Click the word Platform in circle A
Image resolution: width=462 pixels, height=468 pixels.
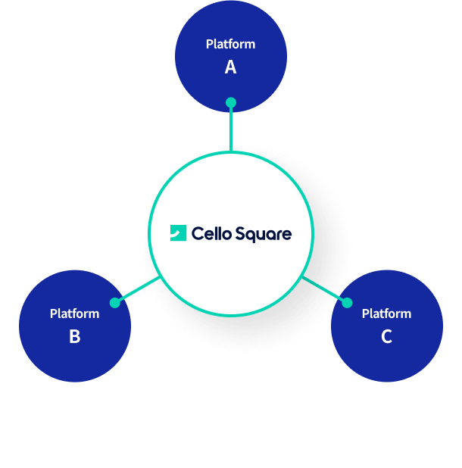pyautogui.click(x=231, y=44)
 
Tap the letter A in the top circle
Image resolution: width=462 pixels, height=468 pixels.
pyautogui.click(x=231, y=67)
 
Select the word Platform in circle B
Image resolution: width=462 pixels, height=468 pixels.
pyautogui.click(x=75, y=314)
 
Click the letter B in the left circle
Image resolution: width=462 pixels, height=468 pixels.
pyautogui.click(x=75, y=336)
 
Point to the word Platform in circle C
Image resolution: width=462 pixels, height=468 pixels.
pyautogui.click(x=387, y=314)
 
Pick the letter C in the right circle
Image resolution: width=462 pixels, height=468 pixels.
pyautogui.click(x=386, y=336)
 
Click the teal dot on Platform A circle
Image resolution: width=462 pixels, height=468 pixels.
pyautogui.click(x=231, y=103)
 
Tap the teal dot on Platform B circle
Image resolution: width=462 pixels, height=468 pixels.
pyautogui.click(x=115, y=303)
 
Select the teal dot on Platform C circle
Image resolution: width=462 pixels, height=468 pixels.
pyautogui.click(x=347, y=303)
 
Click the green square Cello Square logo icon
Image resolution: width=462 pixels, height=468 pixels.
pyautogui.click(x=178, y=232)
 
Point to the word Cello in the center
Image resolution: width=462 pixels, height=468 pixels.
pyautogui.click(x=211, y=233)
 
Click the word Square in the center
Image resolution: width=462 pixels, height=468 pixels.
pyautogui.click(x=264, y=234)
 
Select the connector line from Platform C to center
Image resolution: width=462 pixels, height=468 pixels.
pyautogui.click(x=323, y=289)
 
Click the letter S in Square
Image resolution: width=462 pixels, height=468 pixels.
pyautogui.click(x=240, y=233)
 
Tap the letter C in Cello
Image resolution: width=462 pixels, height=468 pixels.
pyautogui.click(x=198, y=233)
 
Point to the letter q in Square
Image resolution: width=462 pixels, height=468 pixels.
pyautogui.click(x=251, y=236)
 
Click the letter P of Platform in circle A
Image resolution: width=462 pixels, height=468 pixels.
pyautogui.click(x=209, y=44)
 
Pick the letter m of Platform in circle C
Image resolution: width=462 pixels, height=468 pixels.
pyautogui.click(x=406, y=315)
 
